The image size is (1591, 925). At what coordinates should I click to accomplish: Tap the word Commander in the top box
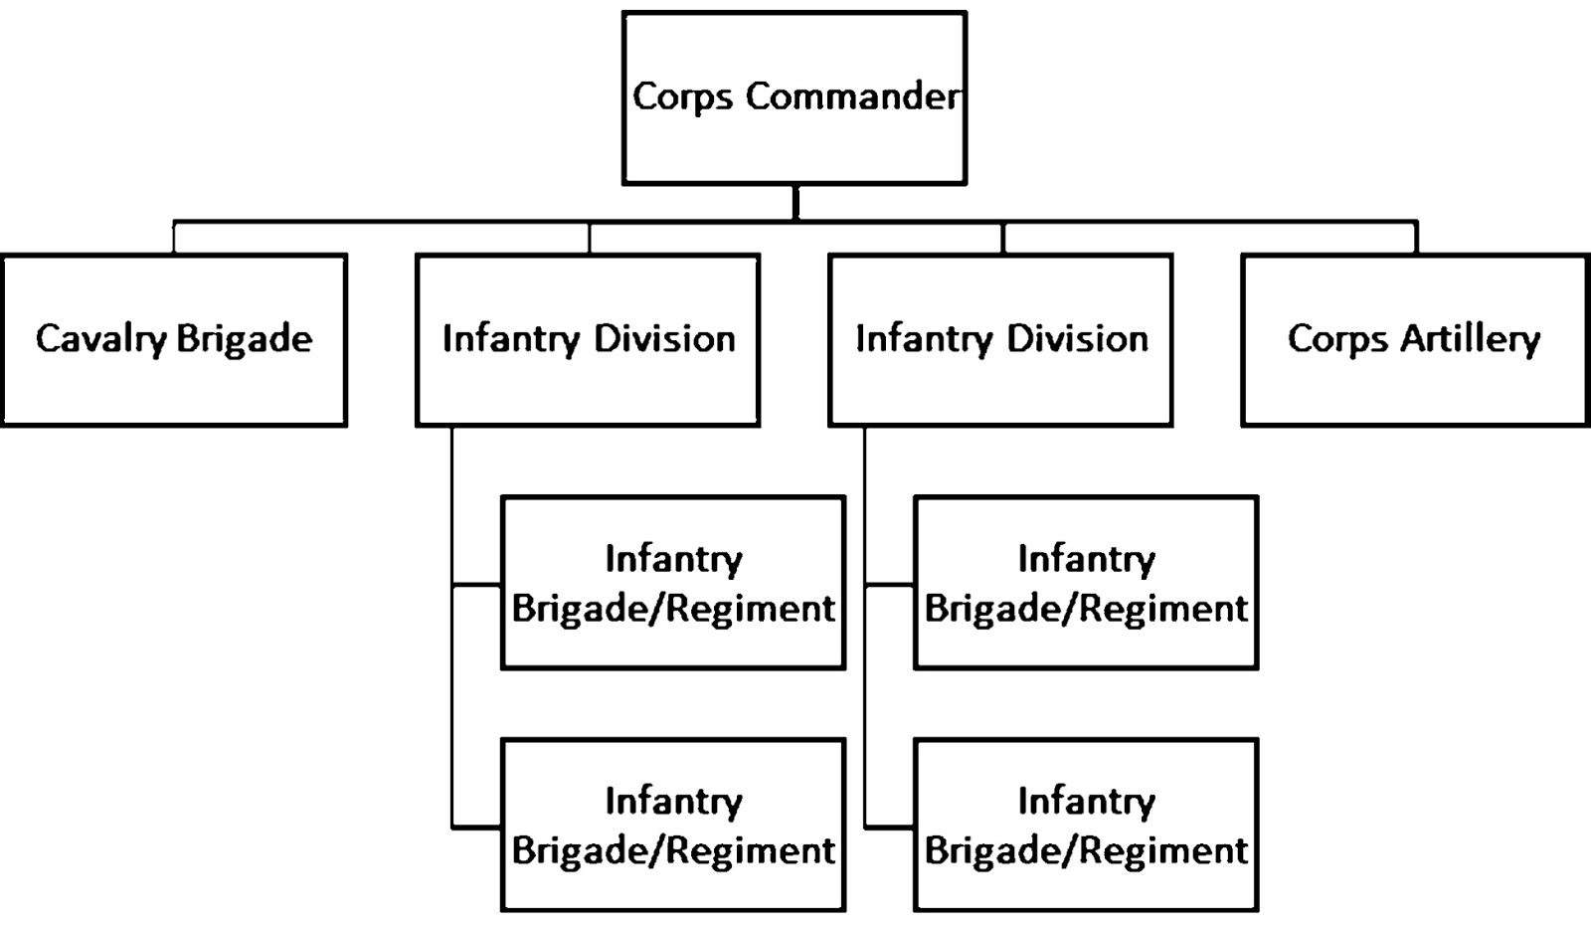[853, 96]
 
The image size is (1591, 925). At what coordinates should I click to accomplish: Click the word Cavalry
[100, 339]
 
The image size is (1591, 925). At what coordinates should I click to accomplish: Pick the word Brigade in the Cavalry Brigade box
[245, 340]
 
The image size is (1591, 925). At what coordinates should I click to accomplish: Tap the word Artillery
[1471, 340]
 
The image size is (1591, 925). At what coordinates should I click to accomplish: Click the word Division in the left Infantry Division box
[663, 339]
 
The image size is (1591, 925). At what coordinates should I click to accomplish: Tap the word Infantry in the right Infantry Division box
[924, 340]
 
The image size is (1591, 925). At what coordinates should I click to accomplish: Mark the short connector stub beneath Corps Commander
[795, 202]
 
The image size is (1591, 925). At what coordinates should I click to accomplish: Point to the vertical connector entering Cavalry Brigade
[174, 238]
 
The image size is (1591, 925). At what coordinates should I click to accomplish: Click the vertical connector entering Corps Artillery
[1416, 238]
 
